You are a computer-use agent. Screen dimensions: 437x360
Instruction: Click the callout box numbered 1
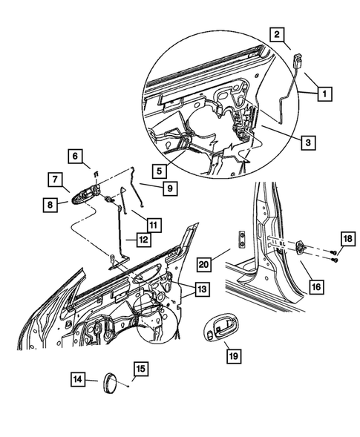323,94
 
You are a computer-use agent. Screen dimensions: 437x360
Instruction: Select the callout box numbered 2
276,34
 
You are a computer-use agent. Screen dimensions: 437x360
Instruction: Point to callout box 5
160,170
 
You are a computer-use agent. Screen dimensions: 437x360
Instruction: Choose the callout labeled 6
75,157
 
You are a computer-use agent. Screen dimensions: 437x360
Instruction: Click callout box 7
56,180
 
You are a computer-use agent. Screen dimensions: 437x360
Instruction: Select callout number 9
169,189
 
